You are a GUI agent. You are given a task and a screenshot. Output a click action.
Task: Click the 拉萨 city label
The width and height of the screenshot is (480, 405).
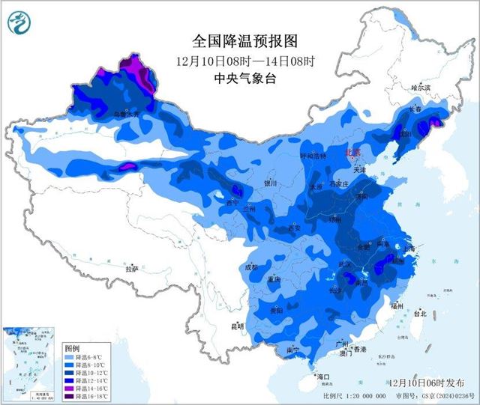tap(132, 268)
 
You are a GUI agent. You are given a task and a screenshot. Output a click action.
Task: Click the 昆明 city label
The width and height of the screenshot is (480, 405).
tap(238, 326)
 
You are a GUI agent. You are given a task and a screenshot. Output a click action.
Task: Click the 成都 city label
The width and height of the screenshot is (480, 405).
tap(251, 267)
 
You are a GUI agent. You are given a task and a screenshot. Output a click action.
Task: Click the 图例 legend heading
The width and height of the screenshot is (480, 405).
tap(72, 349)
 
